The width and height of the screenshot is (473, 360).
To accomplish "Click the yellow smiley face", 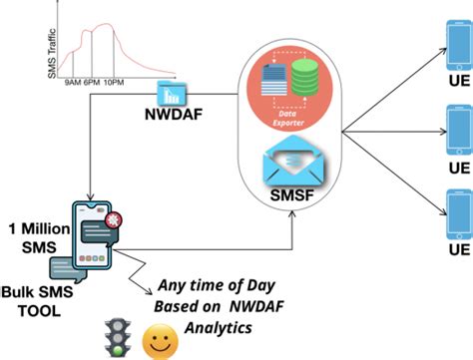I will pos(157,342).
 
